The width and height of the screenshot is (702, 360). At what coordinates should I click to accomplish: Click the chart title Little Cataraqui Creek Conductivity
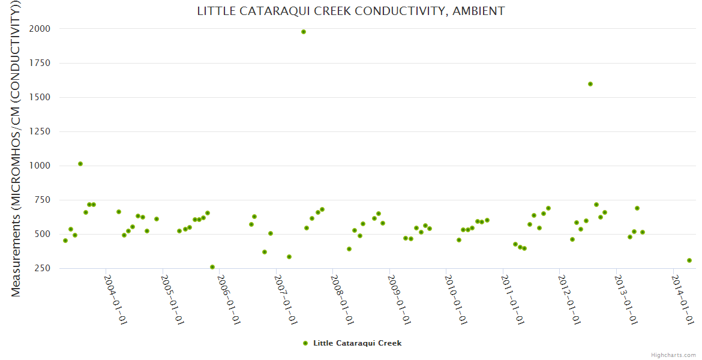click(351, 11)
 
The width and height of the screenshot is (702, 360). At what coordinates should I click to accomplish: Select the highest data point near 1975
click(304, 32)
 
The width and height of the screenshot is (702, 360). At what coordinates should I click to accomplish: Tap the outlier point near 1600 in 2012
click(590, 84)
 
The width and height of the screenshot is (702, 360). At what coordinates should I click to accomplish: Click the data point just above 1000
click(80, 164)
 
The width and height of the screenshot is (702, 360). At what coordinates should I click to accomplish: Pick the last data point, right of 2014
click(689, 260)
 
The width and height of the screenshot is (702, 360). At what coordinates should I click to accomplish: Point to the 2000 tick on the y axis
click(40, 29)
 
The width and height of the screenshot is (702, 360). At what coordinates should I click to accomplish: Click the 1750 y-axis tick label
click(40, 63)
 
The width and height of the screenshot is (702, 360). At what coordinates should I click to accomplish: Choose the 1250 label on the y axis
click(40, 131)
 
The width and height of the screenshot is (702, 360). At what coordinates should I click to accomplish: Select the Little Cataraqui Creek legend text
click(357, 343)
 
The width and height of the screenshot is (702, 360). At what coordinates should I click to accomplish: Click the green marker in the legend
click(305, 343)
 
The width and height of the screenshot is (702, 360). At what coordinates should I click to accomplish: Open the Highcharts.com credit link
click(673, 355)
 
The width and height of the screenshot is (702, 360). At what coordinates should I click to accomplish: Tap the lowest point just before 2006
click(212, 267)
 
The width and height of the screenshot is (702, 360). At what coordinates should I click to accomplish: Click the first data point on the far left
click(65, 241)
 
